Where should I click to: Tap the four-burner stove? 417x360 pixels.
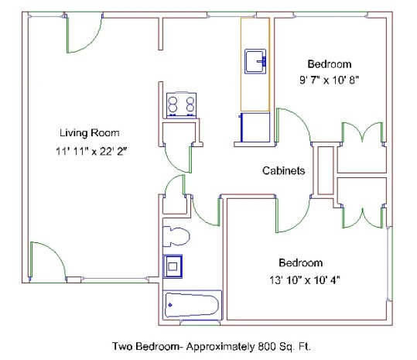(181, 105)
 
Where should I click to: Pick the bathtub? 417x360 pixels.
(193, 305)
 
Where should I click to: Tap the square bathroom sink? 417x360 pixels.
(173, 266)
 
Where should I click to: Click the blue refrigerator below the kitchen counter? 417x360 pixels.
(254, 127)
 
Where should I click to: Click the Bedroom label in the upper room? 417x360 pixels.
(330, 64)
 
